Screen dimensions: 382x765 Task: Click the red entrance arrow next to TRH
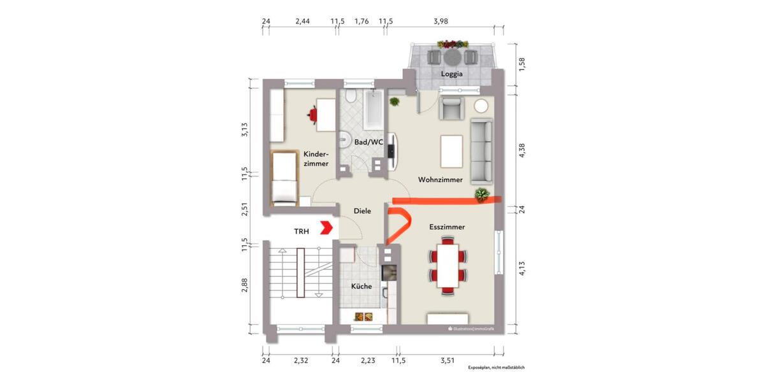(326, 227)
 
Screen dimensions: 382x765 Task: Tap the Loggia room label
(451, 74)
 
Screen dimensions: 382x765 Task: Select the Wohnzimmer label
(440, 180)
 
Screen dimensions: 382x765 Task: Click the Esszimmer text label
(446, 227)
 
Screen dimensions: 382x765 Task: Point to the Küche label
(361, 286)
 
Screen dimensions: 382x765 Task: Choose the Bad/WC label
(368, 142)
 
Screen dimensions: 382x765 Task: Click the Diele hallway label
(362, 211)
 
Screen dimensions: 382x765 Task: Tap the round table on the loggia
(452, 57)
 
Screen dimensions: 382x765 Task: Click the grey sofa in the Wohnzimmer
(481, 150)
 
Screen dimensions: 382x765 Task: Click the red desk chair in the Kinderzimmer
(312, 115)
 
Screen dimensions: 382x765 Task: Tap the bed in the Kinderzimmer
(284, 178)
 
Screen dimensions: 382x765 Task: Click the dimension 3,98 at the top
(441, 21)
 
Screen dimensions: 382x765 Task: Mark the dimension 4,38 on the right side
(522, 153)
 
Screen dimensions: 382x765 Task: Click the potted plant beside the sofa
(481, 194)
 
